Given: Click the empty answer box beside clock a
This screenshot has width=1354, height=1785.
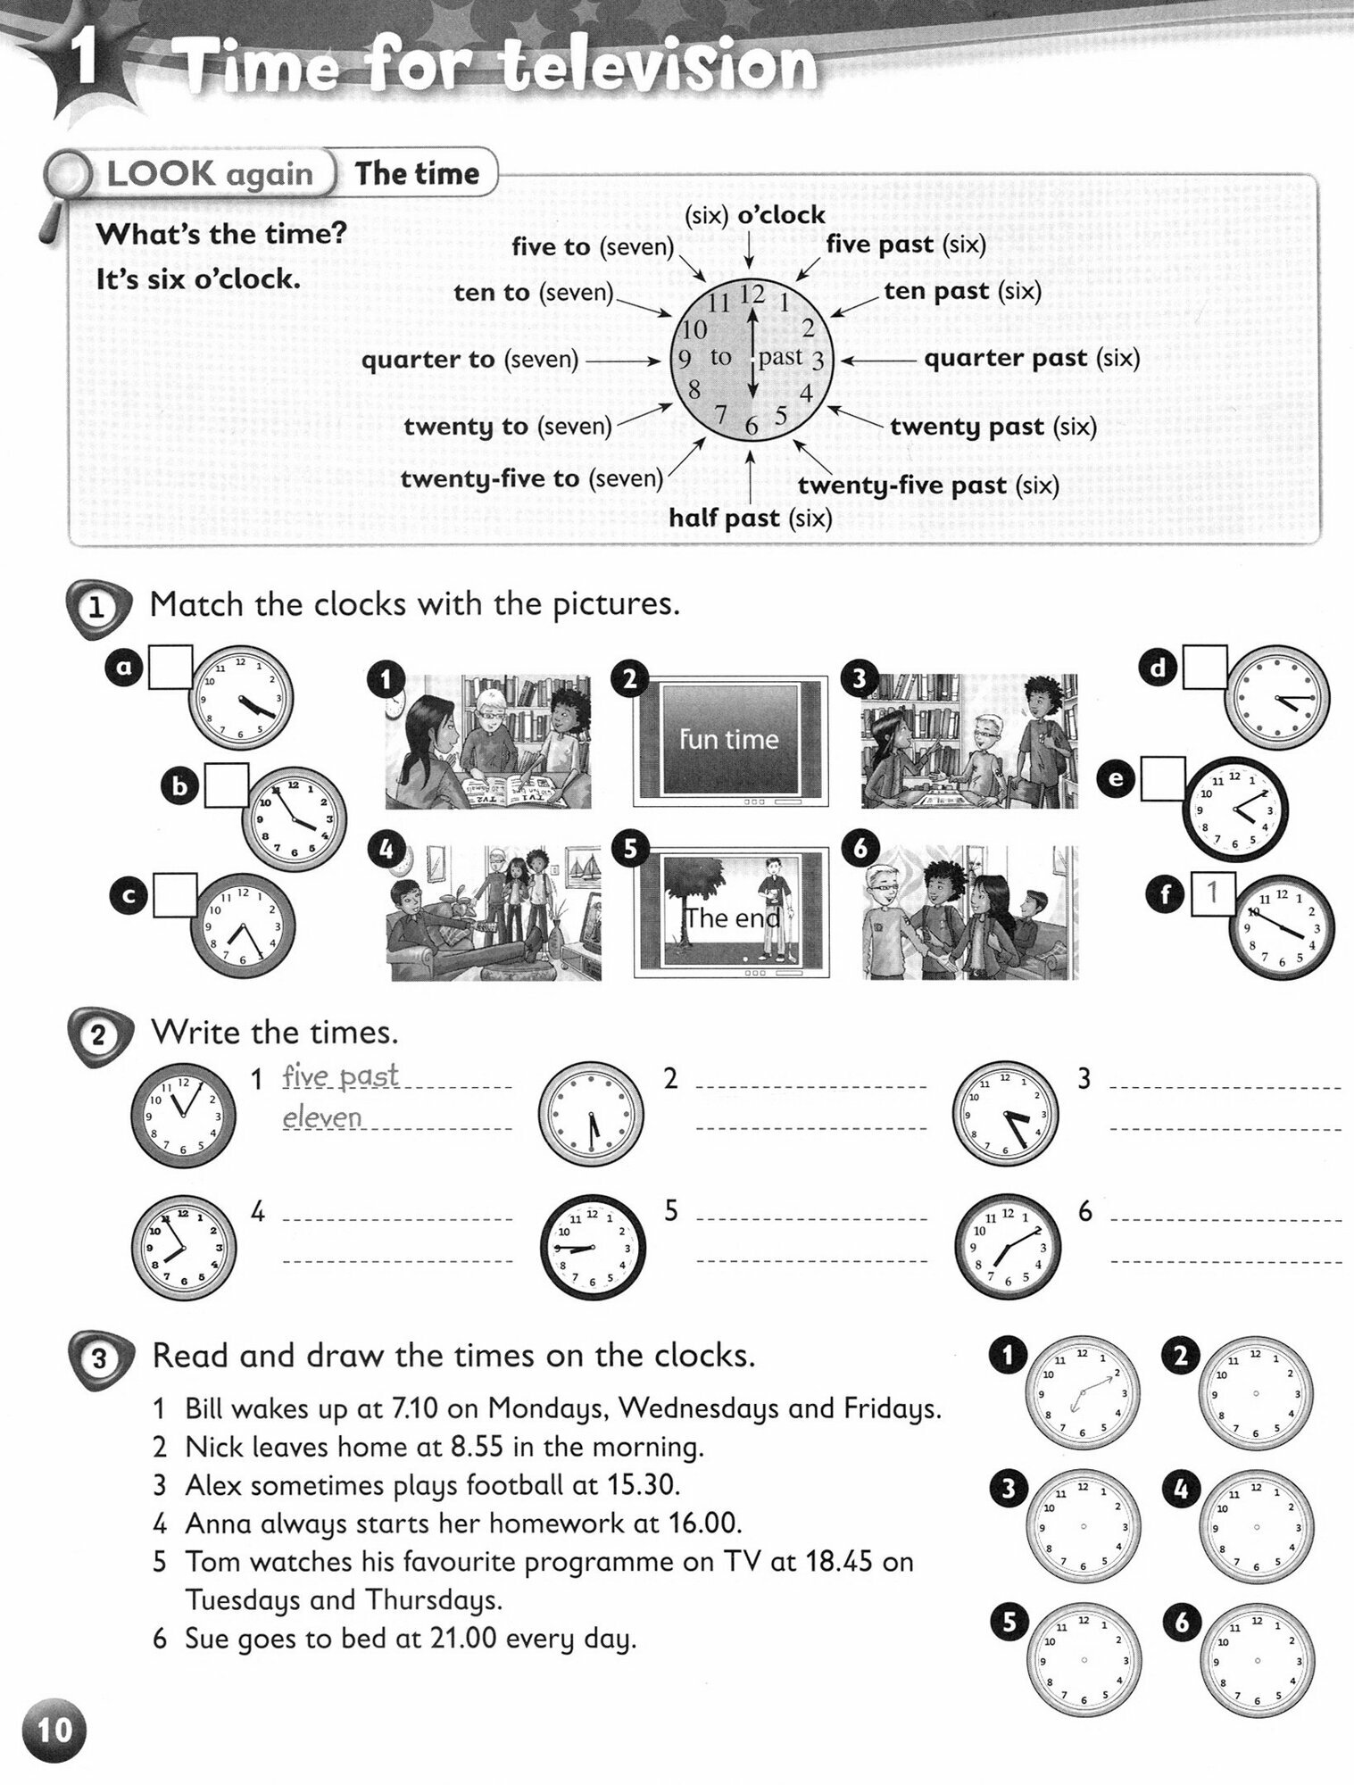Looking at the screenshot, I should [170, 668].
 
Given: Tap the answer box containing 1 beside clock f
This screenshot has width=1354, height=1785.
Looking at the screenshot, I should [1212, 892].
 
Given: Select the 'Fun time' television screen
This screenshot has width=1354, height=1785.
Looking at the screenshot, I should [730, 738].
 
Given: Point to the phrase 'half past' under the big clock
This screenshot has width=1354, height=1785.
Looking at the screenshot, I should [724, 518].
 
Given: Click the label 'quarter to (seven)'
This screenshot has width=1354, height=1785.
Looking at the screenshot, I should [469, 360].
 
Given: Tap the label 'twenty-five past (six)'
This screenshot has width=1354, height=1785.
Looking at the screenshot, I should [928, 486].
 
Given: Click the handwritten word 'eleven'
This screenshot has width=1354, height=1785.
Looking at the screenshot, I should [322, 1117].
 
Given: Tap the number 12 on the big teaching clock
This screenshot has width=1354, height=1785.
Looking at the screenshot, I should [753, 293].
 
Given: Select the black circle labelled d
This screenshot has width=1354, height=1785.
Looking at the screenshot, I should [1159, 668].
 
